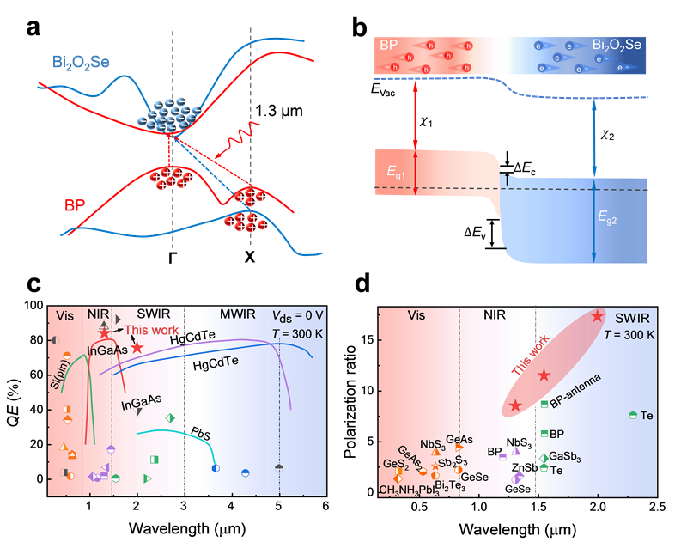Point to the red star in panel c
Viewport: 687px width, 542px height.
pos(137,347)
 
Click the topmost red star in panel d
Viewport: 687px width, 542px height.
pos(598,316)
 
